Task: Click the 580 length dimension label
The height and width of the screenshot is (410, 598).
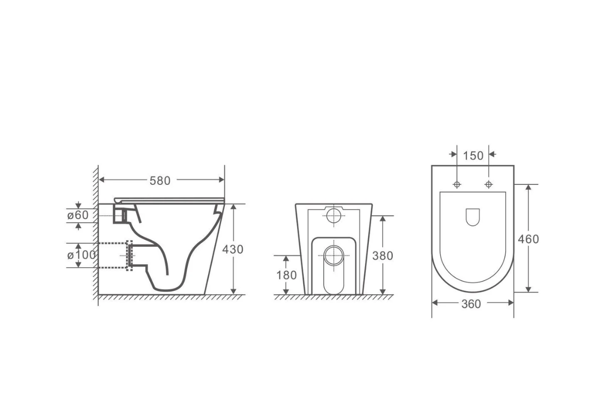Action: pos(160,180)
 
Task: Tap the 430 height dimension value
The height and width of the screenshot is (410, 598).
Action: pos(233,249)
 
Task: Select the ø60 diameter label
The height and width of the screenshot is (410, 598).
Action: pos(77,215)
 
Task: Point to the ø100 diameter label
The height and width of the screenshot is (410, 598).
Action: pos(81,255)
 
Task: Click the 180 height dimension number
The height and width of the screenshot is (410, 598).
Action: pos(286,275)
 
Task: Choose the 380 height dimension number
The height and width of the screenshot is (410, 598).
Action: pos(383,256)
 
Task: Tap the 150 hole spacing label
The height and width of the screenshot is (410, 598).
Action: pos(473,155)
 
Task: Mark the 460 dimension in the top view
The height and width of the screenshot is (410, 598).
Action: pos(528,239)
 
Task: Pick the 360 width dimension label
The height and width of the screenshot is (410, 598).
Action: pos(471,304)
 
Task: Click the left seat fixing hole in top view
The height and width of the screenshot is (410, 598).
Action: pos(457,185)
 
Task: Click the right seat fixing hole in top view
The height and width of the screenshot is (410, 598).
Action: pos(488,185)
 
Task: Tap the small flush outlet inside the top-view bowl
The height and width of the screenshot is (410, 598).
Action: pos(473,217)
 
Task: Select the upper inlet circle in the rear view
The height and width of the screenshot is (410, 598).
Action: pos(335,216)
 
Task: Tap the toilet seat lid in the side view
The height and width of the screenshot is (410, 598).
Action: pos(169,199)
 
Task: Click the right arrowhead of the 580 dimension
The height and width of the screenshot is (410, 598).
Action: pos(221,180)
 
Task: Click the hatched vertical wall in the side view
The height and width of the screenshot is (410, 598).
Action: pos(96,233)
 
